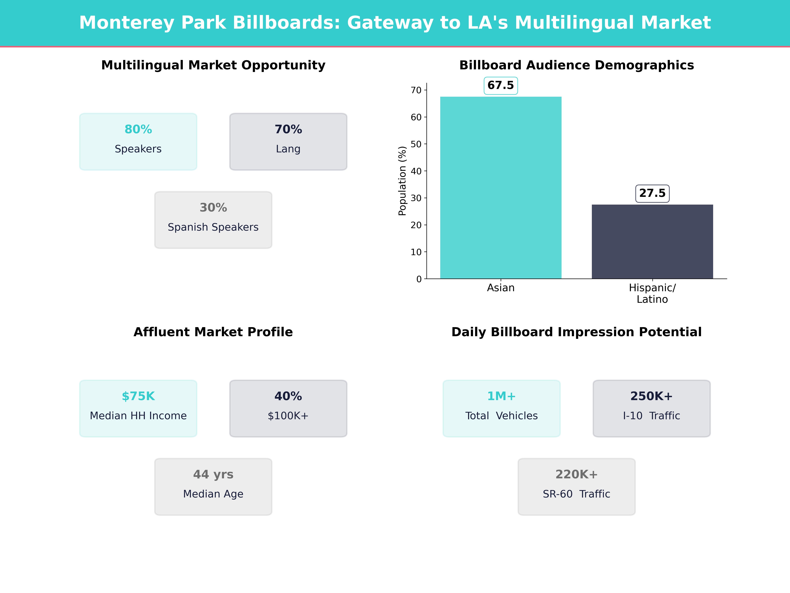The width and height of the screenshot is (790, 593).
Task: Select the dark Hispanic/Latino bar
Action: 652,242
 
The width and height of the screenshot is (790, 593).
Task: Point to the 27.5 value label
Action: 652,193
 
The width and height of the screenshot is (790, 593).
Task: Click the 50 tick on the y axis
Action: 416,144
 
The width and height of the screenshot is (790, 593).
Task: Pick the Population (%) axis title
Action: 403,181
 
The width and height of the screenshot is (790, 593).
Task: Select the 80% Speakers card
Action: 138,141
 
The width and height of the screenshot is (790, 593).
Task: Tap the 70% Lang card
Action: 288,141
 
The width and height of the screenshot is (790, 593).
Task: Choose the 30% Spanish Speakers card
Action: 213,220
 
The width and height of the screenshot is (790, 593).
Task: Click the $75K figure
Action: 138,396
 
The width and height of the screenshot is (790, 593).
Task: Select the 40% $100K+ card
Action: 288,408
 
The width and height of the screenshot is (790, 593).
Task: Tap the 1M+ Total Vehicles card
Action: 501,408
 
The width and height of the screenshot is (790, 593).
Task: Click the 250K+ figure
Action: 651,396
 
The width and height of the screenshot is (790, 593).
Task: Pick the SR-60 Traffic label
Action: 576,494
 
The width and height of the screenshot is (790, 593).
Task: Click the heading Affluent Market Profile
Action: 213,332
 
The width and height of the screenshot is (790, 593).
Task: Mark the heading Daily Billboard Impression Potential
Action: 576,332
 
